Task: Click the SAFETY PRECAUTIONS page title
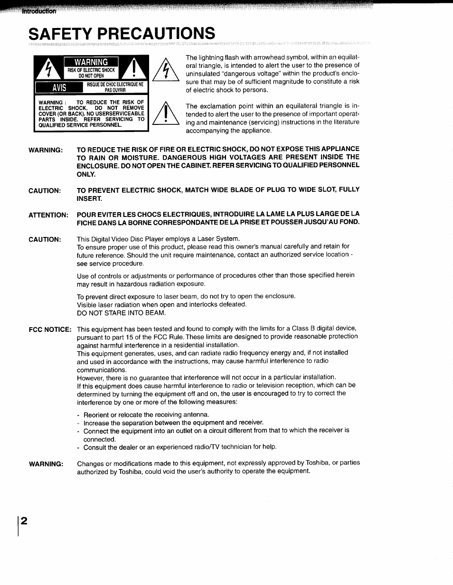[121, 34]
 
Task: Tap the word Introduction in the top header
[38, 11]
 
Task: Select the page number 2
[23, 520]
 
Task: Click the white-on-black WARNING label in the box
[91, 62]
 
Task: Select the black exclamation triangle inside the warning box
[135, 69]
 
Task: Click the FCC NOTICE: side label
[50, 329]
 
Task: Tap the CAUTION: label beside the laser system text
[45, 239]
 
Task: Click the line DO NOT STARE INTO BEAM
[121, 313]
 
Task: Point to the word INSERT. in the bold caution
[89, 198]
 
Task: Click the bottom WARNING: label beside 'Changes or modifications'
[46, 463]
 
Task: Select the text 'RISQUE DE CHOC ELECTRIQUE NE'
[115, 85]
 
